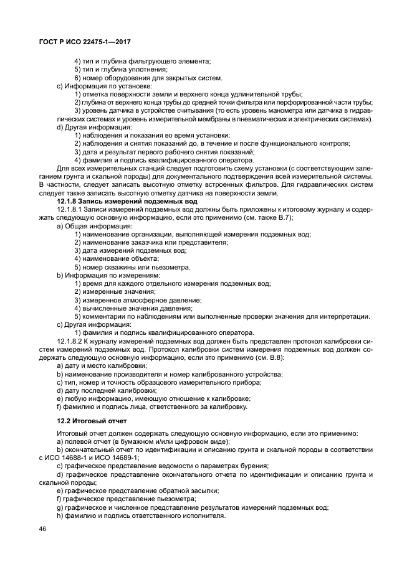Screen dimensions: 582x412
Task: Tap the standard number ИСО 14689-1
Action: tap(102, 456)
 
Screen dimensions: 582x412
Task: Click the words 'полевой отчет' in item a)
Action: tap(85, 441)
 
